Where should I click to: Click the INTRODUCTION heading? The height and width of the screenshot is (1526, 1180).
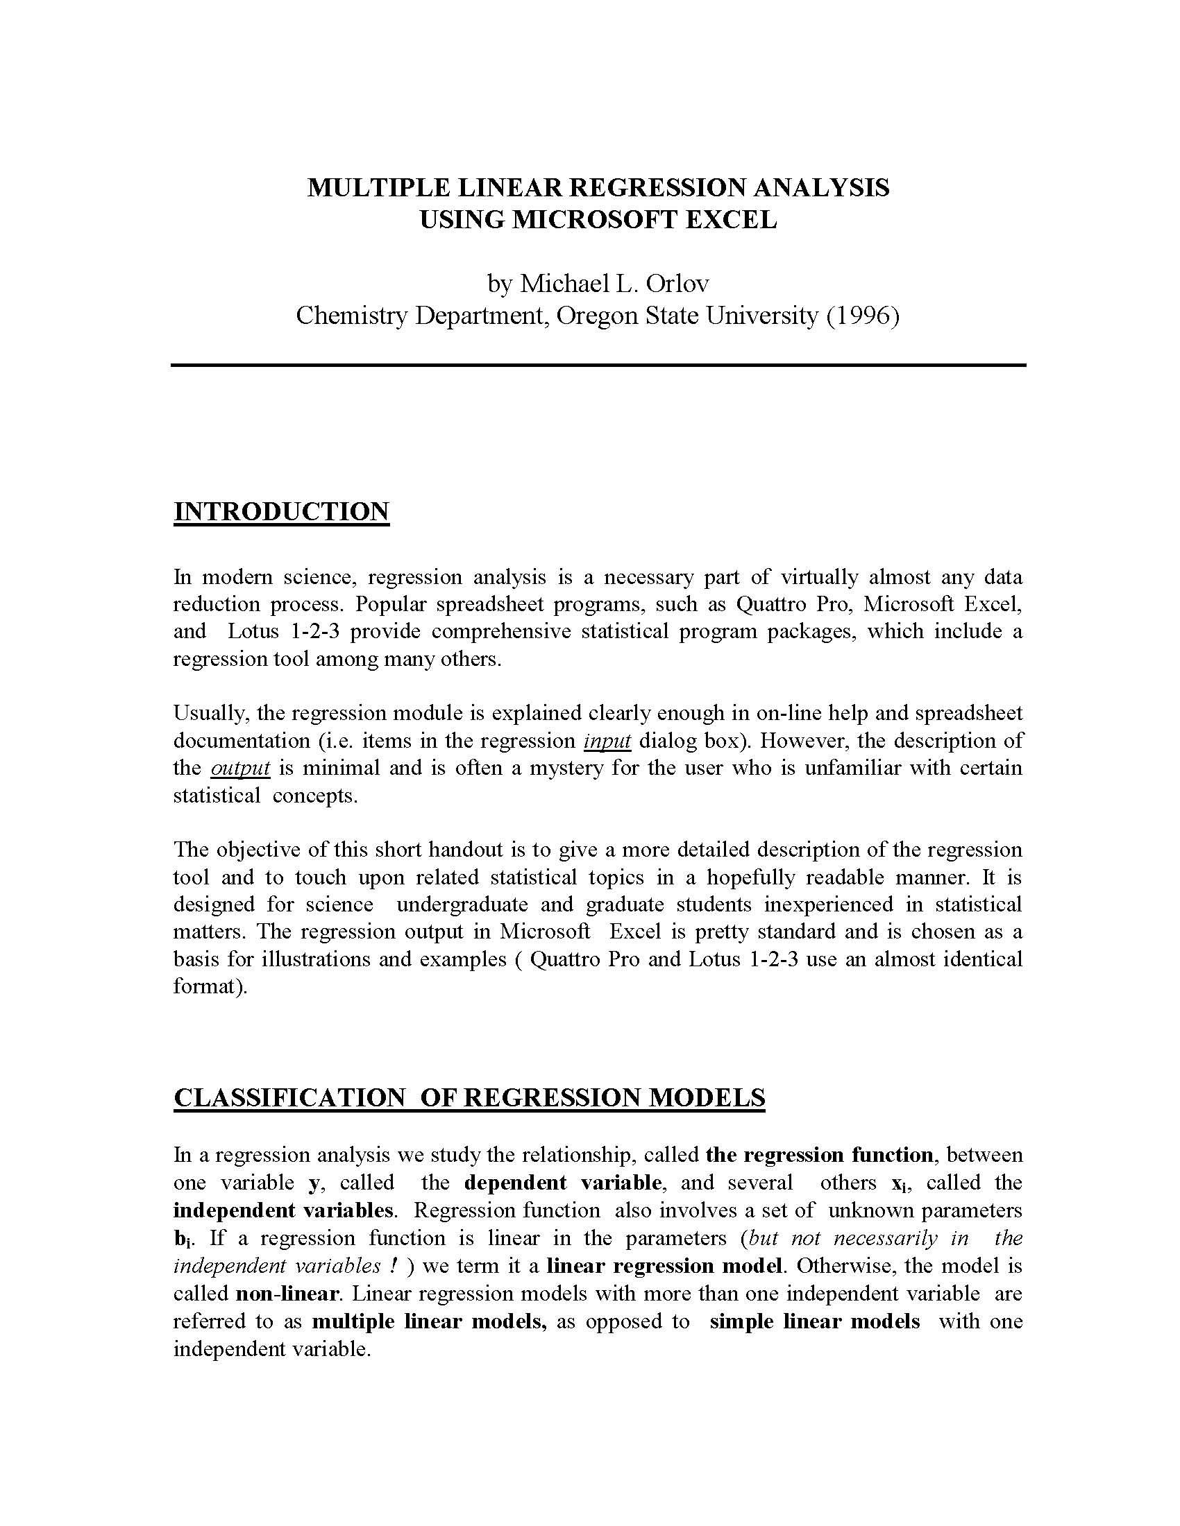[281, 511]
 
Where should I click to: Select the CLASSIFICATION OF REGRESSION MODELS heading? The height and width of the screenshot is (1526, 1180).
[469, 1098]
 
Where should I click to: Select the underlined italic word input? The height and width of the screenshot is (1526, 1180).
[607, 741]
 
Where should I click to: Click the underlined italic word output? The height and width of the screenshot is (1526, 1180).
[239, 768]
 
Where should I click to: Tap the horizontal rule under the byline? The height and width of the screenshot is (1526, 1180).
[598, 366]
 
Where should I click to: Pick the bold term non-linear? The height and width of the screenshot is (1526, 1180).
[287, 1294]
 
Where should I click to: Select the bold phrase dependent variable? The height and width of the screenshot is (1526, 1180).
[562, 1183]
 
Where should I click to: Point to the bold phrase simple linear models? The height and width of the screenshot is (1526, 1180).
[814, 1321]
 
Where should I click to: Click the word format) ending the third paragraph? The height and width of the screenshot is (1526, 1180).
[210, 986]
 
